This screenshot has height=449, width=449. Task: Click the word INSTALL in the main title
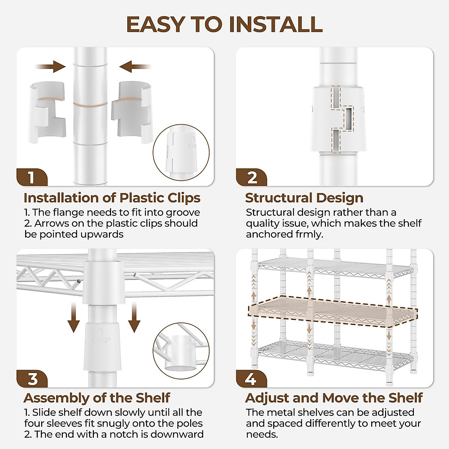(276, 25)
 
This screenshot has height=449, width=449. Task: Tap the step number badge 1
(32, 177)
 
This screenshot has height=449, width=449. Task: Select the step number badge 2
(251, 177)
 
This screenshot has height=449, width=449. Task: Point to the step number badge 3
(32, 379)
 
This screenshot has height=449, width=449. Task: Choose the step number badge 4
(251, 379)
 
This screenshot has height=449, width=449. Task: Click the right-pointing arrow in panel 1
(51, 67)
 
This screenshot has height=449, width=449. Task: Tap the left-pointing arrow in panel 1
(135, 67)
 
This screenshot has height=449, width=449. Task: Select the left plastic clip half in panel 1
(47, 112)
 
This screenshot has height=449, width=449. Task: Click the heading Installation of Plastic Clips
(112, 198)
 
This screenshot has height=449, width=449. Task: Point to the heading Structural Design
(304, 198)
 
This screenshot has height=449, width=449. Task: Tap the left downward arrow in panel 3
(74, 317)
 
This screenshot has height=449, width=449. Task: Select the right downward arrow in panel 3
(134, 317)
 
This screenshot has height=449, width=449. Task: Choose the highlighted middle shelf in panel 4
(333, 311)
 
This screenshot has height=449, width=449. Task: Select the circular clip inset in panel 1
(181, 152)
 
